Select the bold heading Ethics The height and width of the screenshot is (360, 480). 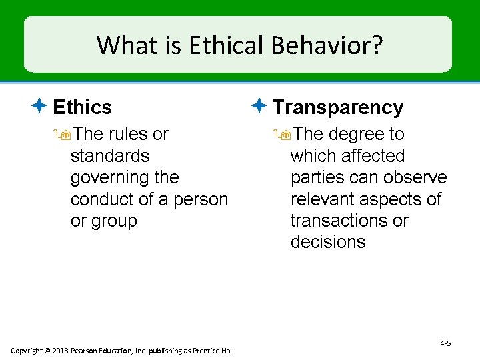pyautogui.click(x=82, y=107)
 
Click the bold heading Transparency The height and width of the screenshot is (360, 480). pyautogui.click(x=338, y=107)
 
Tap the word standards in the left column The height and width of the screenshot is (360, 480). pyautogui.click(x=110, y=156)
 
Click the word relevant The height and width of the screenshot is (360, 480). pyautogui.click(x=324, y=199)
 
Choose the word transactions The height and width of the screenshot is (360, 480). pyautogui.click(x=338, y=221)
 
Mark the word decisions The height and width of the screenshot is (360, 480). pyautogui.click(x=328, y=242)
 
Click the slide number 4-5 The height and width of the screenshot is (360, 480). pyautogui.click(x=445, y=343)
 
